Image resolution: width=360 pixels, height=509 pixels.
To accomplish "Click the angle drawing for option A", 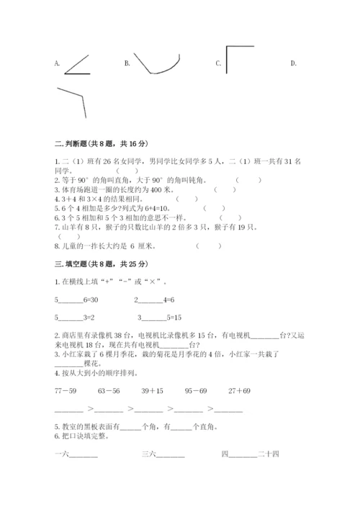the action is (77, 64).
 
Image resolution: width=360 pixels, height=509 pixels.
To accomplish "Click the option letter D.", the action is (293, 63).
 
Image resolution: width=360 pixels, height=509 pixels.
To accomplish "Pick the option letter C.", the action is (217, 63).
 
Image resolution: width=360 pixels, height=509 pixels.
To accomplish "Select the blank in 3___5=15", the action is (153, 317).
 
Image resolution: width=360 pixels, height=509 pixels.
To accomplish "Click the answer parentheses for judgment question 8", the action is (209, 245).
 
